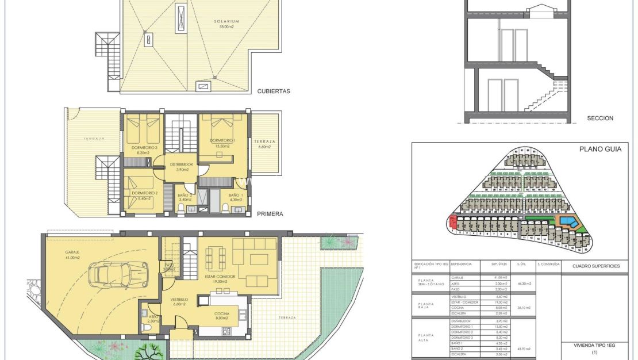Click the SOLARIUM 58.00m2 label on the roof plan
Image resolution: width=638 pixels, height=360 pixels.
(x=226, y=24)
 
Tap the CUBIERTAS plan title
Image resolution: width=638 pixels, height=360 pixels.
(x=274, y=91)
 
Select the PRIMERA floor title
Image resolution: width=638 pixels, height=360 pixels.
(x=270, y=214)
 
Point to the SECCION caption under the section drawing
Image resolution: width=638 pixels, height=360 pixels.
(x=600, y=118)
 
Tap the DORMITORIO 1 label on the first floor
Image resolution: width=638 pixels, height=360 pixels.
(x=221, y=143)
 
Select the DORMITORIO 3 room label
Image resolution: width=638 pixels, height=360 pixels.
(x=144, y=151)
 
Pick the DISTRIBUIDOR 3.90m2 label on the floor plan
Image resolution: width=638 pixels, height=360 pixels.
(x=182, y=167)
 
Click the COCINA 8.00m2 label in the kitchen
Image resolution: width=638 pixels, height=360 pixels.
(x=221, y=315)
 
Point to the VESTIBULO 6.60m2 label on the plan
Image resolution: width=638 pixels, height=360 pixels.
(x=179, y=302)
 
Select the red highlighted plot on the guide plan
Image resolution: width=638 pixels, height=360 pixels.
(x=452, y=223)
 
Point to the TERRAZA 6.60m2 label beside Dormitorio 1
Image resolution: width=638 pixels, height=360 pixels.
(x=264, y=144)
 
